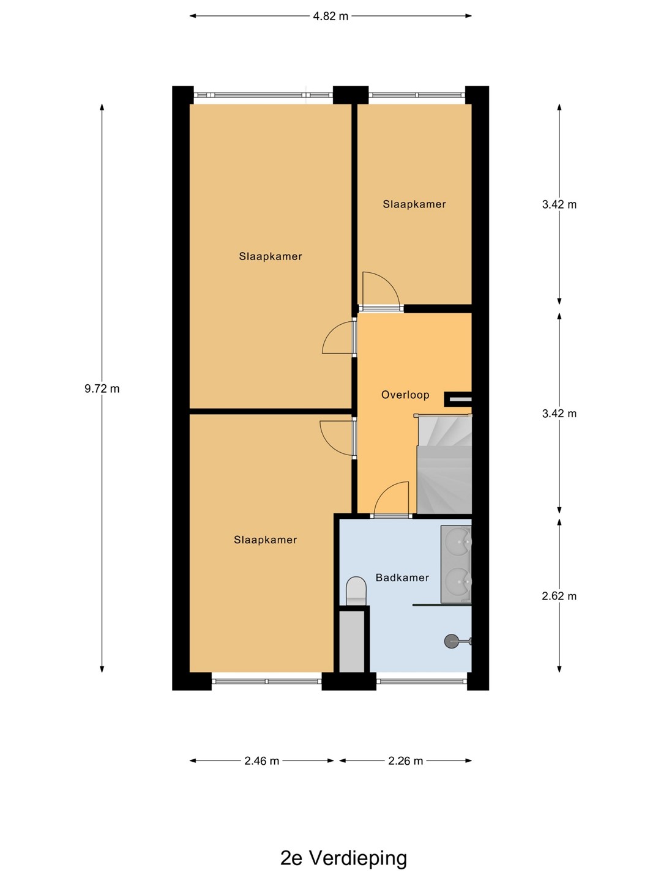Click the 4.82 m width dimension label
pos(330,17)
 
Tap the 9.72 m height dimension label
pos(102,388)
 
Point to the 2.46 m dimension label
pos(262,761)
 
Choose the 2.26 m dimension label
pos(405,761)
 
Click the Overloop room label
pos(405,395)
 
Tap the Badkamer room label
pos(402,578)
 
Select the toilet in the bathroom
pos(356,591)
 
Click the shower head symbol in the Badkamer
pos(451,641)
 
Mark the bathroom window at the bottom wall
pos(422,682)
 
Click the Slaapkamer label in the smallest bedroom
pos(414,204)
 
